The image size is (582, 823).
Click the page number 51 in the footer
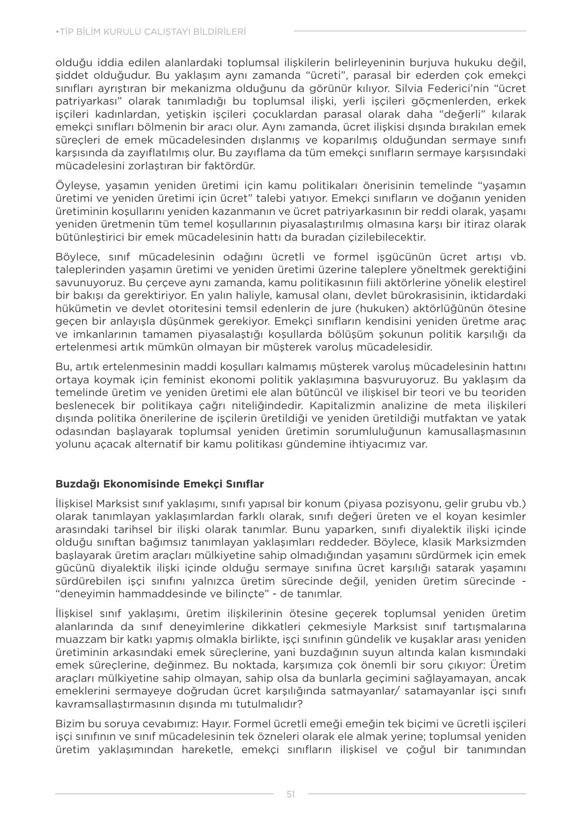(x=291, y=794)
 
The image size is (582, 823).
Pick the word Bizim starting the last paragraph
(x=68, y=724)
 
